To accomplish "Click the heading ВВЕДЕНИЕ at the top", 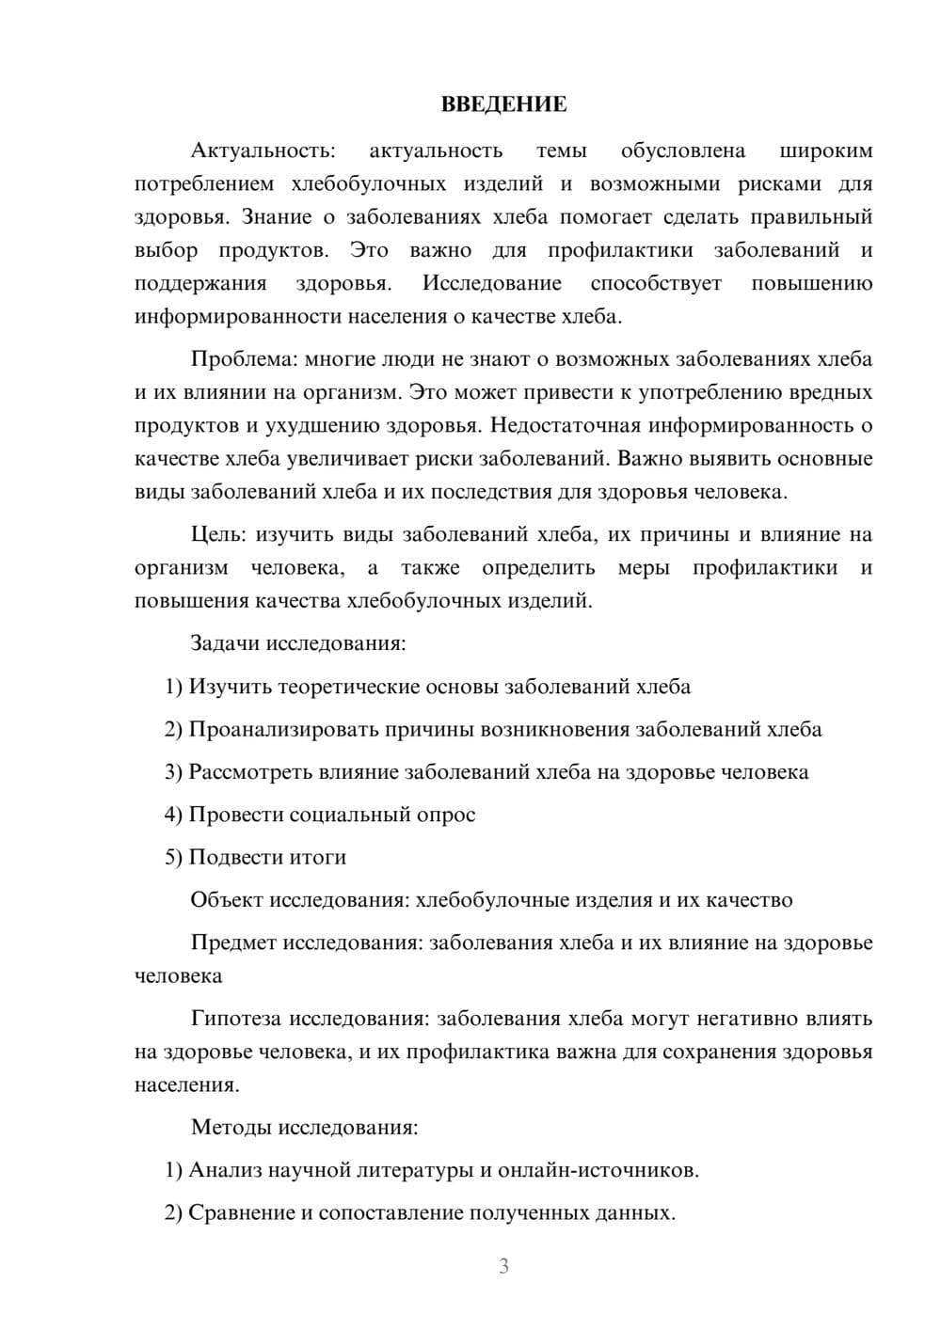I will click(x=503, y=104).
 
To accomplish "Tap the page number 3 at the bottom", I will click(x=503, y=1266).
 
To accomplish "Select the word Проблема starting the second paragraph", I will click(x=232, y=358).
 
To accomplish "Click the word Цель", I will click(x=218, y=534).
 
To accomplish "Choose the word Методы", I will click(x=226, y=1127).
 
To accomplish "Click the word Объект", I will click(x=226, y=899).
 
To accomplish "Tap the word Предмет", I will click(x=232, y=942).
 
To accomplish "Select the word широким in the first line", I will click(x=826, y=150).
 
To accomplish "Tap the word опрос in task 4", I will click(x=445, y=815).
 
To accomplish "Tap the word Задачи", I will click(x=225, y=643).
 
